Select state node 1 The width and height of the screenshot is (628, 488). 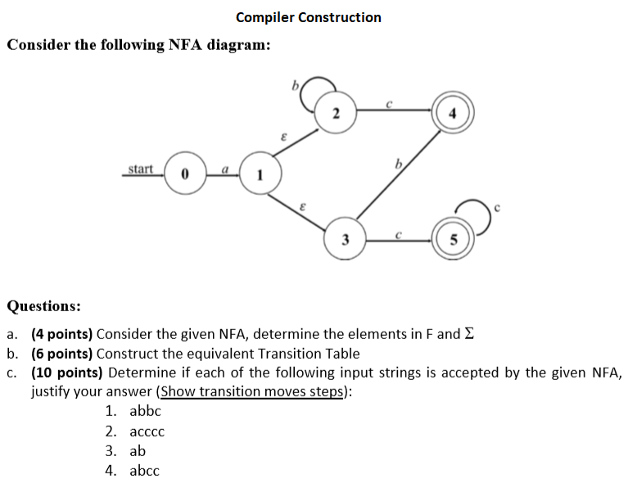tap(260, 174)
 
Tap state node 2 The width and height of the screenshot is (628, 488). tap(337, 114)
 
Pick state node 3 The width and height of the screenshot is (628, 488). tap(346, 240)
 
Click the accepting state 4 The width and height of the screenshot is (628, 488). tap(452, 114)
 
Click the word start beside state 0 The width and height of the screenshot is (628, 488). tap(140, 169)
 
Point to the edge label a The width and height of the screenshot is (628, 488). tap(222, 168)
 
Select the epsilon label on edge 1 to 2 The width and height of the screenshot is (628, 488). tap(282, 139)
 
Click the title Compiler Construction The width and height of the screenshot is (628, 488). tap(308, 17)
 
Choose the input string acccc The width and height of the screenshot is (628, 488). tap(147, 432)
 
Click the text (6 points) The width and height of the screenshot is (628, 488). tap(62, 354)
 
